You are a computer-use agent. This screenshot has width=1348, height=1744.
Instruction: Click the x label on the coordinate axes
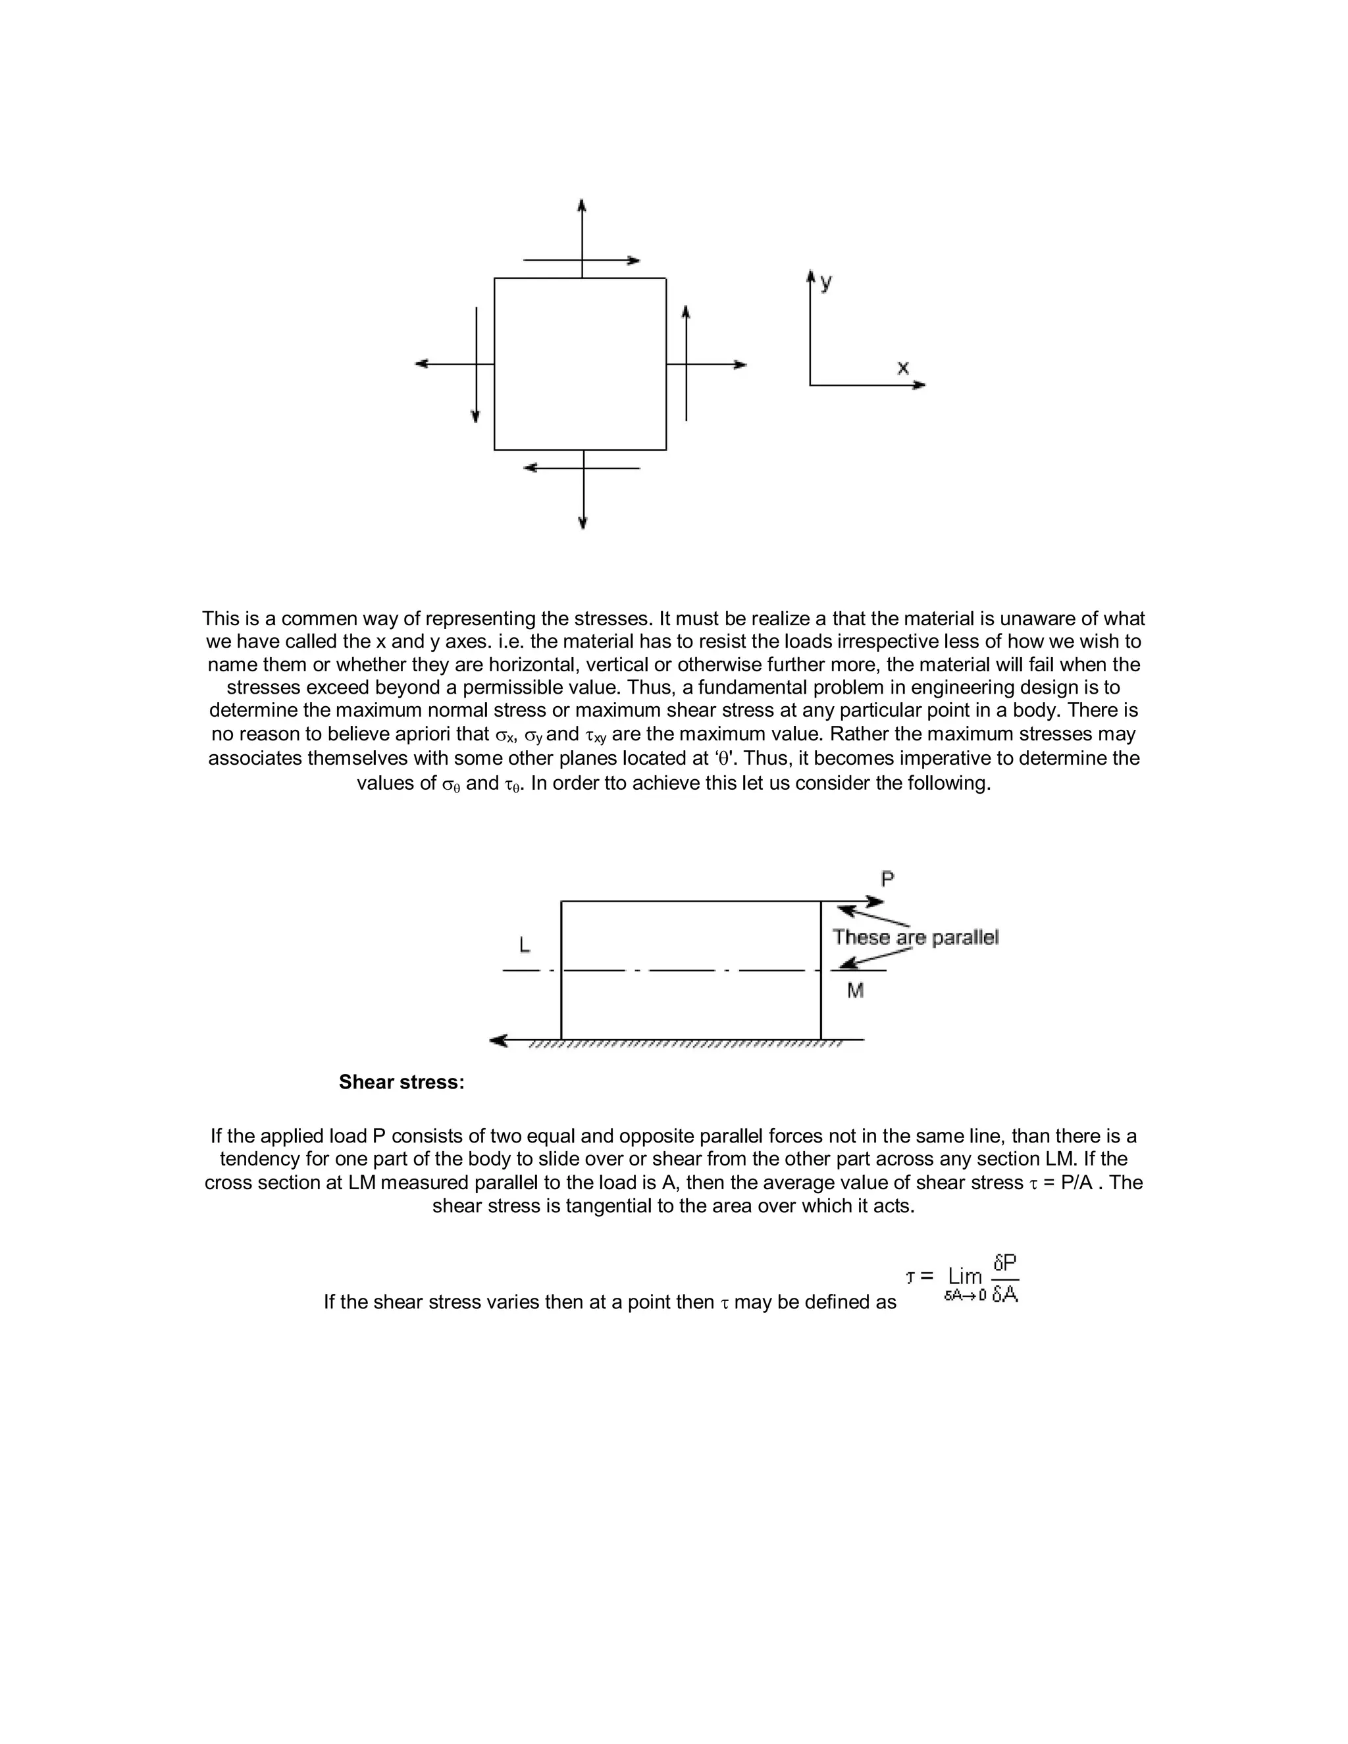coord(902,368)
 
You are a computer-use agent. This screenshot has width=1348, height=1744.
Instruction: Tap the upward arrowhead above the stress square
coord(582,205)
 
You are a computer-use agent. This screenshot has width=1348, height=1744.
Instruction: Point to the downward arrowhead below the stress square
coord(583,523)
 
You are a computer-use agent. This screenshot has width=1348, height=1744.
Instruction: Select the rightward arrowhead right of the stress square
coord(740,365)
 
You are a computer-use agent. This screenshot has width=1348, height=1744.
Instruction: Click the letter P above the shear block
coord(887,879)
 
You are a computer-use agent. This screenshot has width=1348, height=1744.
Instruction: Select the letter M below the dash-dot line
coord(855,991)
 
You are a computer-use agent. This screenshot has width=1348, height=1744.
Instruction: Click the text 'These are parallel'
coord(915,937)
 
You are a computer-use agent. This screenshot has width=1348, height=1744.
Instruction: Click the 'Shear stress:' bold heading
coord(402,1082)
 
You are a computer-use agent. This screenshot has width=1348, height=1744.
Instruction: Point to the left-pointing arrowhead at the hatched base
coord(498,1040)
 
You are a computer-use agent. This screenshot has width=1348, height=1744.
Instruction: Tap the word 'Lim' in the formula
coord(965,1276)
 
